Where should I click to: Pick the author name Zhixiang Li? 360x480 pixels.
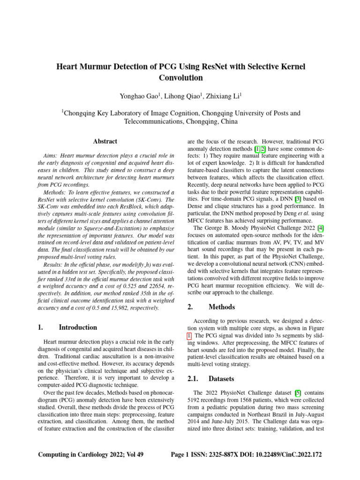[x=224, y=96]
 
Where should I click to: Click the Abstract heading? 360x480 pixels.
[x=105, y=141]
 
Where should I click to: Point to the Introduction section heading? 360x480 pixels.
[x=78, y=327]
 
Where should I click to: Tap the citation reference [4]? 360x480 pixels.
[x=320, y=228]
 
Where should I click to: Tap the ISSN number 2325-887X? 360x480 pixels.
[x=227, y=455]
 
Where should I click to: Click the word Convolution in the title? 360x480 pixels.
[x=180, y=78]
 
